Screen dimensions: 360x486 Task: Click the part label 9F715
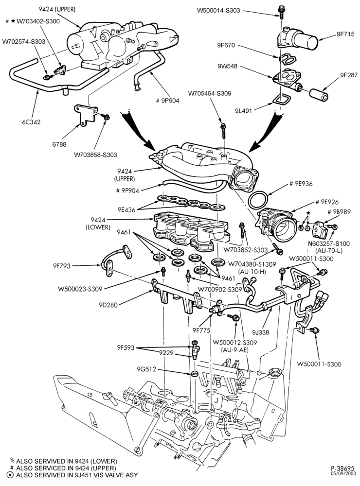pyautogui.click(x=345, y=34)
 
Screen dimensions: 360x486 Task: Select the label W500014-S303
pyautogui.click(x=218, y=11)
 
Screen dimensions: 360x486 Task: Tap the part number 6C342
pyautogui.click(x=31, y=122)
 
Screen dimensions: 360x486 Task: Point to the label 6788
pyautogui.click(x=59, y=144)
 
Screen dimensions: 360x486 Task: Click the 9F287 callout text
pyautogui.click(x=348, y=75)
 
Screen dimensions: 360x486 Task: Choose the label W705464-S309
pyautogui.click(x=210, y=93)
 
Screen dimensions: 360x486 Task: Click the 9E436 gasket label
pyautogui.click(x=126, y=210)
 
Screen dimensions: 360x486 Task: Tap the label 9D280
pyautogui.click(x=108, y=305)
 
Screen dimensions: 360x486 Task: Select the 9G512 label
pyautogui.click(x=146, y=369)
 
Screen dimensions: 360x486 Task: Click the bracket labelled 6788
pyautogui.click(x=86, y=115)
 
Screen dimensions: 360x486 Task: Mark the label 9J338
pyautogui.click(x=260, y=332)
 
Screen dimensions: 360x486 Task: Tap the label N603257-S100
pyautogui.click(x=328, y=244)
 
